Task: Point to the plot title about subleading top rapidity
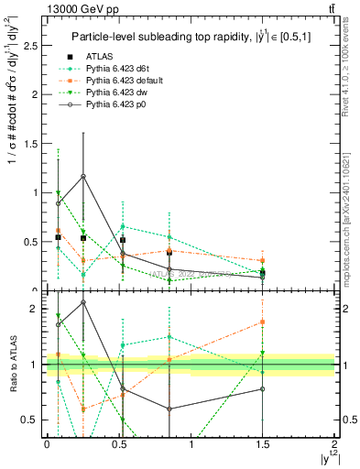[187, 37]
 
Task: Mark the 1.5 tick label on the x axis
[262, 444]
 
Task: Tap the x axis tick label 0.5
[118, 444]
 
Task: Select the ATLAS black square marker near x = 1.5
[263, 272]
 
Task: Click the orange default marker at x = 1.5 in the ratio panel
[263, 322]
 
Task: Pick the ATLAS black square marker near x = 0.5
[123, 240]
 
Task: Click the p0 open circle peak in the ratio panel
[83, 301]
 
